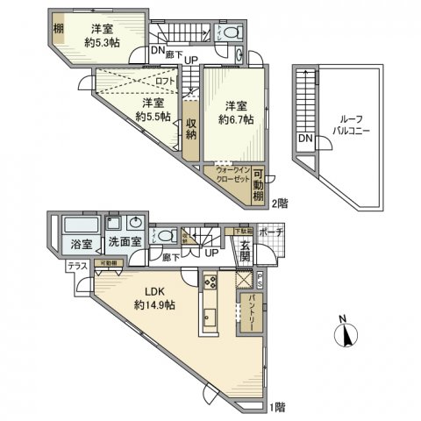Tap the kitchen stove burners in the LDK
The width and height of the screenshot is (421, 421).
(x=210, y=282)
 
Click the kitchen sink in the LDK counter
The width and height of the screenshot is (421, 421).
(x=210, y=316)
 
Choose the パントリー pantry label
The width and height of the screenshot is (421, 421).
(x=251, y=314)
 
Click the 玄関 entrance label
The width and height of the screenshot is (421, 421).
(x=246, y=251)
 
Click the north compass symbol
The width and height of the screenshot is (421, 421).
(x=347, y=333)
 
